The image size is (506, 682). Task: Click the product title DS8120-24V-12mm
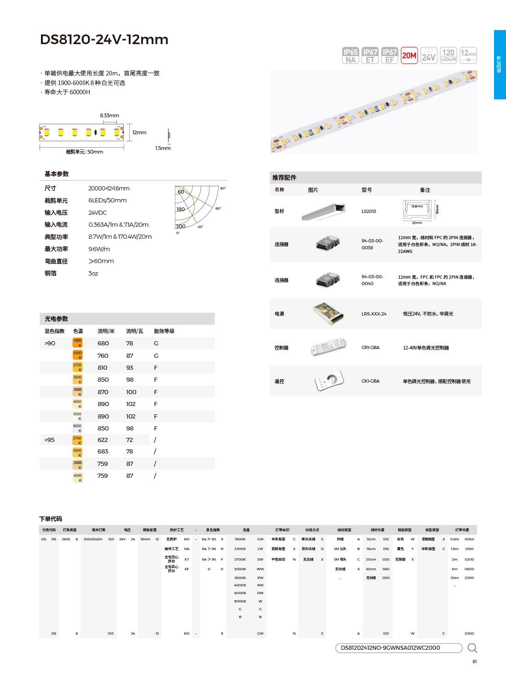[x=104, y=40]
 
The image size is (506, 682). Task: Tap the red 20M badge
[x=409, y=56]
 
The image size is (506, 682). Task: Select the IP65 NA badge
[x=351, y=56]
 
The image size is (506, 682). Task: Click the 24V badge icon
[x=429, y=56]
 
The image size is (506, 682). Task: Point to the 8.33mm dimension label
[x=109, y=115]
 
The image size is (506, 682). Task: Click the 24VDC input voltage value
[x=98, y=213]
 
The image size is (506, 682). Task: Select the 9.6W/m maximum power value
[x=99, y=249]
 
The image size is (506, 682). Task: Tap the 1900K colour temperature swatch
[x=77, y=343]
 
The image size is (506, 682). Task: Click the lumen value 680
[x=103, y=344]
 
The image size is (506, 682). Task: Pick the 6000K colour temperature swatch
[x=77, y=428]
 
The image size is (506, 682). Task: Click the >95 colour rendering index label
[x=49, y=440]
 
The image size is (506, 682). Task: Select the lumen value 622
[x=103, y=440]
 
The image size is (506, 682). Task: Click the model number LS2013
[x=368, y=212]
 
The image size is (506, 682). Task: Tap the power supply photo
[x=328, y=314]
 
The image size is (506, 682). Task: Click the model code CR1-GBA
[x=370, y=348]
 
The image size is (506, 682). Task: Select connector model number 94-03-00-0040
[x=372, y=280]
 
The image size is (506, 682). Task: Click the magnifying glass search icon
[x=472, y=648]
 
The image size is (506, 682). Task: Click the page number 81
[x=474, y=662]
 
